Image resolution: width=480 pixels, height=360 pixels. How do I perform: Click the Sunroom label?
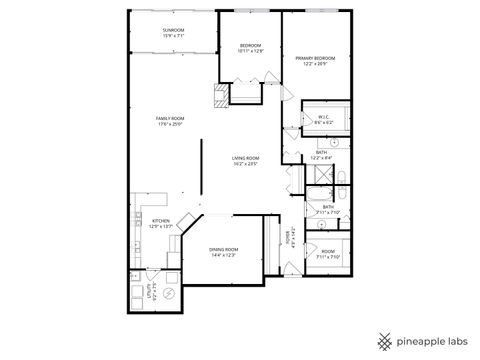(x=173, y=30)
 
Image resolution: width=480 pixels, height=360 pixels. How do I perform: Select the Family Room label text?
(x=171, y=118)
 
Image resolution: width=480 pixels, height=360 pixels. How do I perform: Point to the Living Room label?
(x=245, y=157)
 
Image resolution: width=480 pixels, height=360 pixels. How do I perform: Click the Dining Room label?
(x=223, y=249)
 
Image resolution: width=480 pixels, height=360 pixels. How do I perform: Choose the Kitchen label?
(x=160, y=220)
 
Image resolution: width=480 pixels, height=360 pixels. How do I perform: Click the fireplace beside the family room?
(x=217, y=96)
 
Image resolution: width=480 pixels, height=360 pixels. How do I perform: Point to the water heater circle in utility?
(x=168, y=294)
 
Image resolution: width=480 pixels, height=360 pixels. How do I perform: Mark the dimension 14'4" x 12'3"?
(x=223, y=255)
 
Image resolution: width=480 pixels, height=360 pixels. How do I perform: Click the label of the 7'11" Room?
(x=329, y=251)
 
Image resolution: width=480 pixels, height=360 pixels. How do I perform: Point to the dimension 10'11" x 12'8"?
(x=250, y=52)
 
